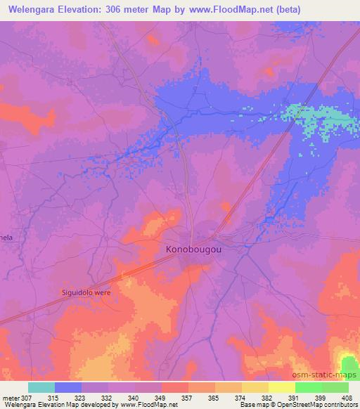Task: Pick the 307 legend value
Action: [x=26, y=398]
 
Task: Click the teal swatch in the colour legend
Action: [x=41, y=387]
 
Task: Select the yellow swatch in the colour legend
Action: [x=282, y=387]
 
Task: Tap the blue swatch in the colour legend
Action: [x=68, y=387]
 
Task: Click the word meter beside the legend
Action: [x=10, y=398]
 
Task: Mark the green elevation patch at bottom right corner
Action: [x=349, y=364]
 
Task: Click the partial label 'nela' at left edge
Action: [x=6, y=238]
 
